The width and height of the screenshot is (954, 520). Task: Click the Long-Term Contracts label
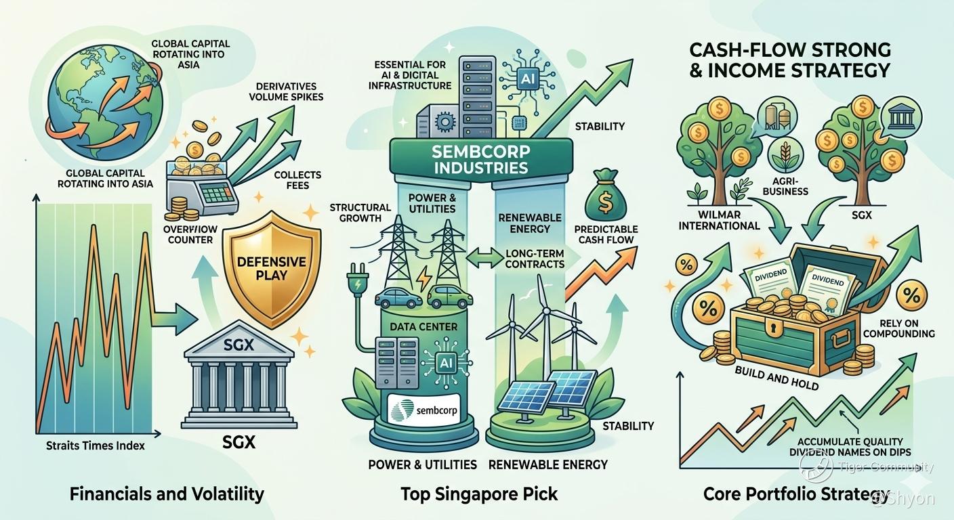tap(535, 258)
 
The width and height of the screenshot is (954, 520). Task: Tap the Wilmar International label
tap(720, 219)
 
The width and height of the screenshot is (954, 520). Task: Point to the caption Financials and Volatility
tap(167, 494)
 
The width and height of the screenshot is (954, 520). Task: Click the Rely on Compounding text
tap(900, 328)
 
